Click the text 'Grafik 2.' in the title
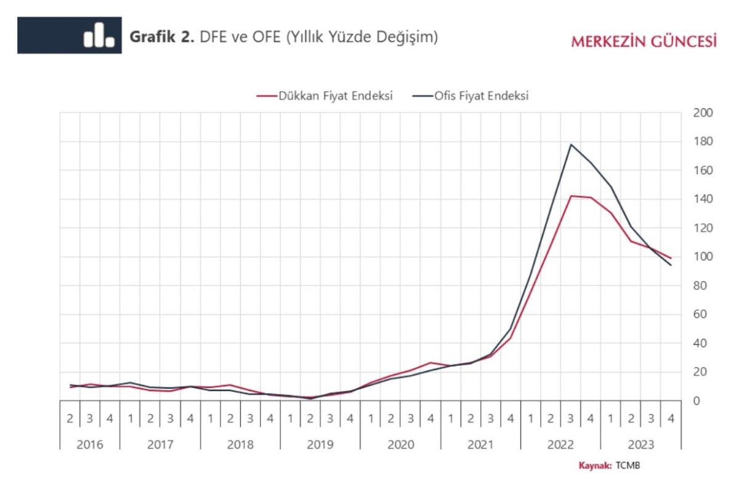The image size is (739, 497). click(162, 37)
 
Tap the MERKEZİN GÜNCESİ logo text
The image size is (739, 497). click(644, 42)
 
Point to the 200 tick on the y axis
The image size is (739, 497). click(703, 113)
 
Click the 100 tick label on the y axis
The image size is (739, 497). click(703, 257)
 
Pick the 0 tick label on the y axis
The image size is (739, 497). click(697, 401)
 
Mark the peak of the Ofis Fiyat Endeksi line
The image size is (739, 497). click(571, 145)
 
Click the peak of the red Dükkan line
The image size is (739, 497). click(571, 196)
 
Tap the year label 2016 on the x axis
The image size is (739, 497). click(89, 444)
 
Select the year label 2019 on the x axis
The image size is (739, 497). click(320, 444)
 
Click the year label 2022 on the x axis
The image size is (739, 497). click(560, 444)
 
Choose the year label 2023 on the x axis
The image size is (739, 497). click(640, 444)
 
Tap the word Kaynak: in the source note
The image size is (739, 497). click(595, 466)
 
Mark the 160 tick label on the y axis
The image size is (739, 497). click(703, 171)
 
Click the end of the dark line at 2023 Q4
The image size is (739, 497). click(671, 265)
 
